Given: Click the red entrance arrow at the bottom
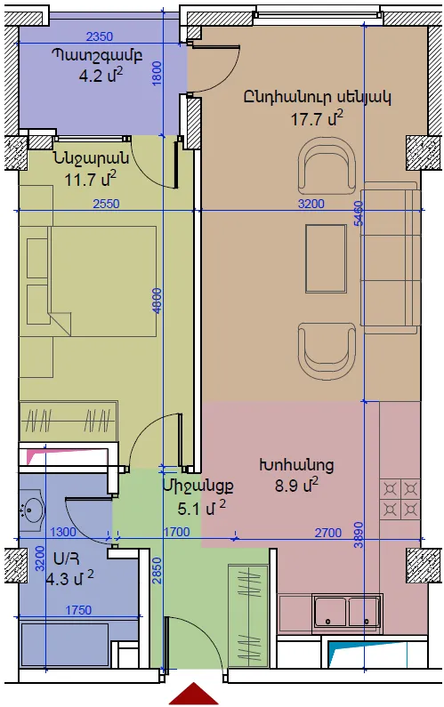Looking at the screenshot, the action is tap(194, 695).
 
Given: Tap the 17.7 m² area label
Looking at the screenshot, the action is tap(317, 119).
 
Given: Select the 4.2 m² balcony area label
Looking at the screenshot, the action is tap(101, 76).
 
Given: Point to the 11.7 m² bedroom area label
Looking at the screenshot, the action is tap(90, 179).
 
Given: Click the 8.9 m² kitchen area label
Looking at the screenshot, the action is tap(296, 486).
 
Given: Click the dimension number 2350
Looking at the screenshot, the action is tap(100, 36).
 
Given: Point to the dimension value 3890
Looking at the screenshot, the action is tap(359, 534).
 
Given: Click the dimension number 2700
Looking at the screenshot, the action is tap(328, 533).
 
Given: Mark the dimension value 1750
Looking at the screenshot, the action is tap(78, 610).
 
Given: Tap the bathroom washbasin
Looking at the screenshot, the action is tap(32, 510).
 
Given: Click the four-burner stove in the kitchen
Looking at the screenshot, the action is tap(400, 499).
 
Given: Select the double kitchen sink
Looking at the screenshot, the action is tap(347, 611).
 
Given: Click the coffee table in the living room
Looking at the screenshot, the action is tap(326, 259).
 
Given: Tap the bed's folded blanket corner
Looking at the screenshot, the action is tap(60, 324).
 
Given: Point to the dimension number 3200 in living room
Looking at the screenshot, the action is tap(311, 204).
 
